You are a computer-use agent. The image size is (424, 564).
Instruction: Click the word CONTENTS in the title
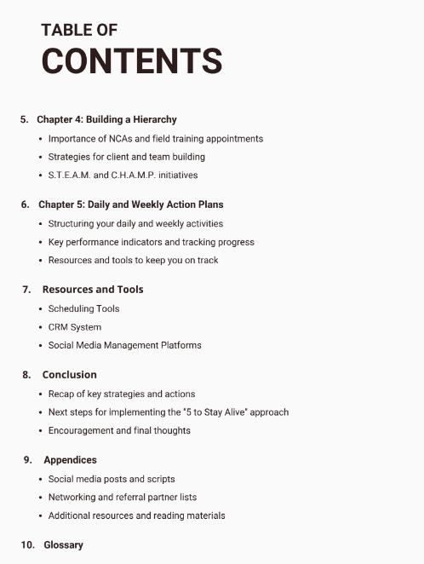(x=132, y=61)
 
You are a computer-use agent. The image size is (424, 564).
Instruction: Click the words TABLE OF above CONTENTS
(x=79, y=30)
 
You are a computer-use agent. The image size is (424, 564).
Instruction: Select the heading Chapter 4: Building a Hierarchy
(x=106, y=119)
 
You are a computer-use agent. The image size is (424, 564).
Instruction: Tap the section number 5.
(x=25, y=119)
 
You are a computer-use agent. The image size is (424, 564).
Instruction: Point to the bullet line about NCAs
(x=155, y=138)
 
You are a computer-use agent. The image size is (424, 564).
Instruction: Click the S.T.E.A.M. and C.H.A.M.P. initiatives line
(x=123, y=176)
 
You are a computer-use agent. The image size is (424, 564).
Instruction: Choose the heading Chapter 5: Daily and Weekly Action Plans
(x=131, y=204)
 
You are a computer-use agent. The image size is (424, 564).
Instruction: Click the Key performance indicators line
(x=151, y=242)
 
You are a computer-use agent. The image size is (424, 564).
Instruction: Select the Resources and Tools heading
(x=93, y=290)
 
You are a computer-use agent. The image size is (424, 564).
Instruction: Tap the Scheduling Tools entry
(x=83, y=308)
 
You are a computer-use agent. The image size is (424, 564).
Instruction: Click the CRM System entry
(x=74, y=327)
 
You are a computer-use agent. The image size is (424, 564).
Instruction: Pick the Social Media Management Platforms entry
(x=124, y=345)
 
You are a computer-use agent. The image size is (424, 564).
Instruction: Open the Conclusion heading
(x=70, y=375)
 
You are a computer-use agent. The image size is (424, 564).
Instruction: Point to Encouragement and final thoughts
(x=119, y=430)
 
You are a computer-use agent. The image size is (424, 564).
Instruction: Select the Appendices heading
(x=70, y=460)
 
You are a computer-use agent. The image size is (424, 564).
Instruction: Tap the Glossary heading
(x=64, y=544)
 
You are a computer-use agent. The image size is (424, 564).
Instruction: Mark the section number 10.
(x=27, y=544)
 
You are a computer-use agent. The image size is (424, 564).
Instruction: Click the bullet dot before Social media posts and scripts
(x=41, y=479)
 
